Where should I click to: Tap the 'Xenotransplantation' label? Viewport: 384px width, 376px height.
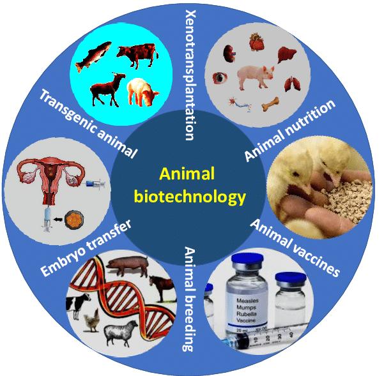pos(191,75)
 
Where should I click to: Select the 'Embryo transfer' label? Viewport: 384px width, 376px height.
pos(86,248)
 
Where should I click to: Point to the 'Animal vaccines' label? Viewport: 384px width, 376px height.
pos(295,248)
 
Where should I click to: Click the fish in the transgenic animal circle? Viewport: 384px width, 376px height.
pos(93,56)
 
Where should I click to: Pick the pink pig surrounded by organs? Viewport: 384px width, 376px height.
pos(256,77)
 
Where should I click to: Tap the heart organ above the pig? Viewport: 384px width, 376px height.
pos(257,42)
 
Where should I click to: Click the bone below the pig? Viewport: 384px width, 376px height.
pos(270,104)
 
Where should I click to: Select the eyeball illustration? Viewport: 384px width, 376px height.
pos(220,78)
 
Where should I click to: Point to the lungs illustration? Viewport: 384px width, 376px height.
pos(292,84)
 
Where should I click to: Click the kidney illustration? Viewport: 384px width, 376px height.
pos(229,54)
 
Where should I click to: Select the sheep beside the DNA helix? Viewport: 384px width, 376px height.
pos(121,333)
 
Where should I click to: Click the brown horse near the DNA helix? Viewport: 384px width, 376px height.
pos(162,288)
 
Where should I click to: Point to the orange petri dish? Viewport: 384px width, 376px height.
pos(74,220)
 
